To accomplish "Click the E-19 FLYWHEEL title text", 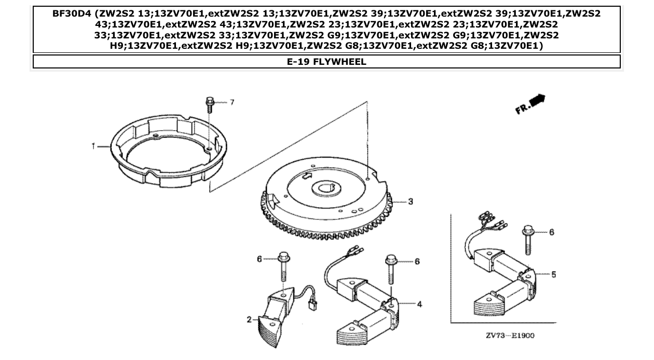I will [x=326, y=62].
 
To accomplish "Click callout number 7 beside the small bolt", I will [x=232, y=102].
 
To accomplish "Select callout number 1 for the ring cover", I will [x=94, y=147].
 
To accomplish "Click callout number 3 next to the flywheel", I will [x=410, y=201].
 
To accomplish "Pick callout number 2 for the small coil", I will [x=249, y=320].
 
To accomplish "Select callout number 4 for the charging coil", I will [x=419, y=304].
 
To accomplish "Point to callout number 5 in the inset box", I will [x=553, y=274].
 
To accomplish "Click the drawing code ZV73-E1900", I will [x=510, y=336].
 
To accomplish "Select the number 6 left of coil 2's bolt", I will [x=260, y=258].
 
